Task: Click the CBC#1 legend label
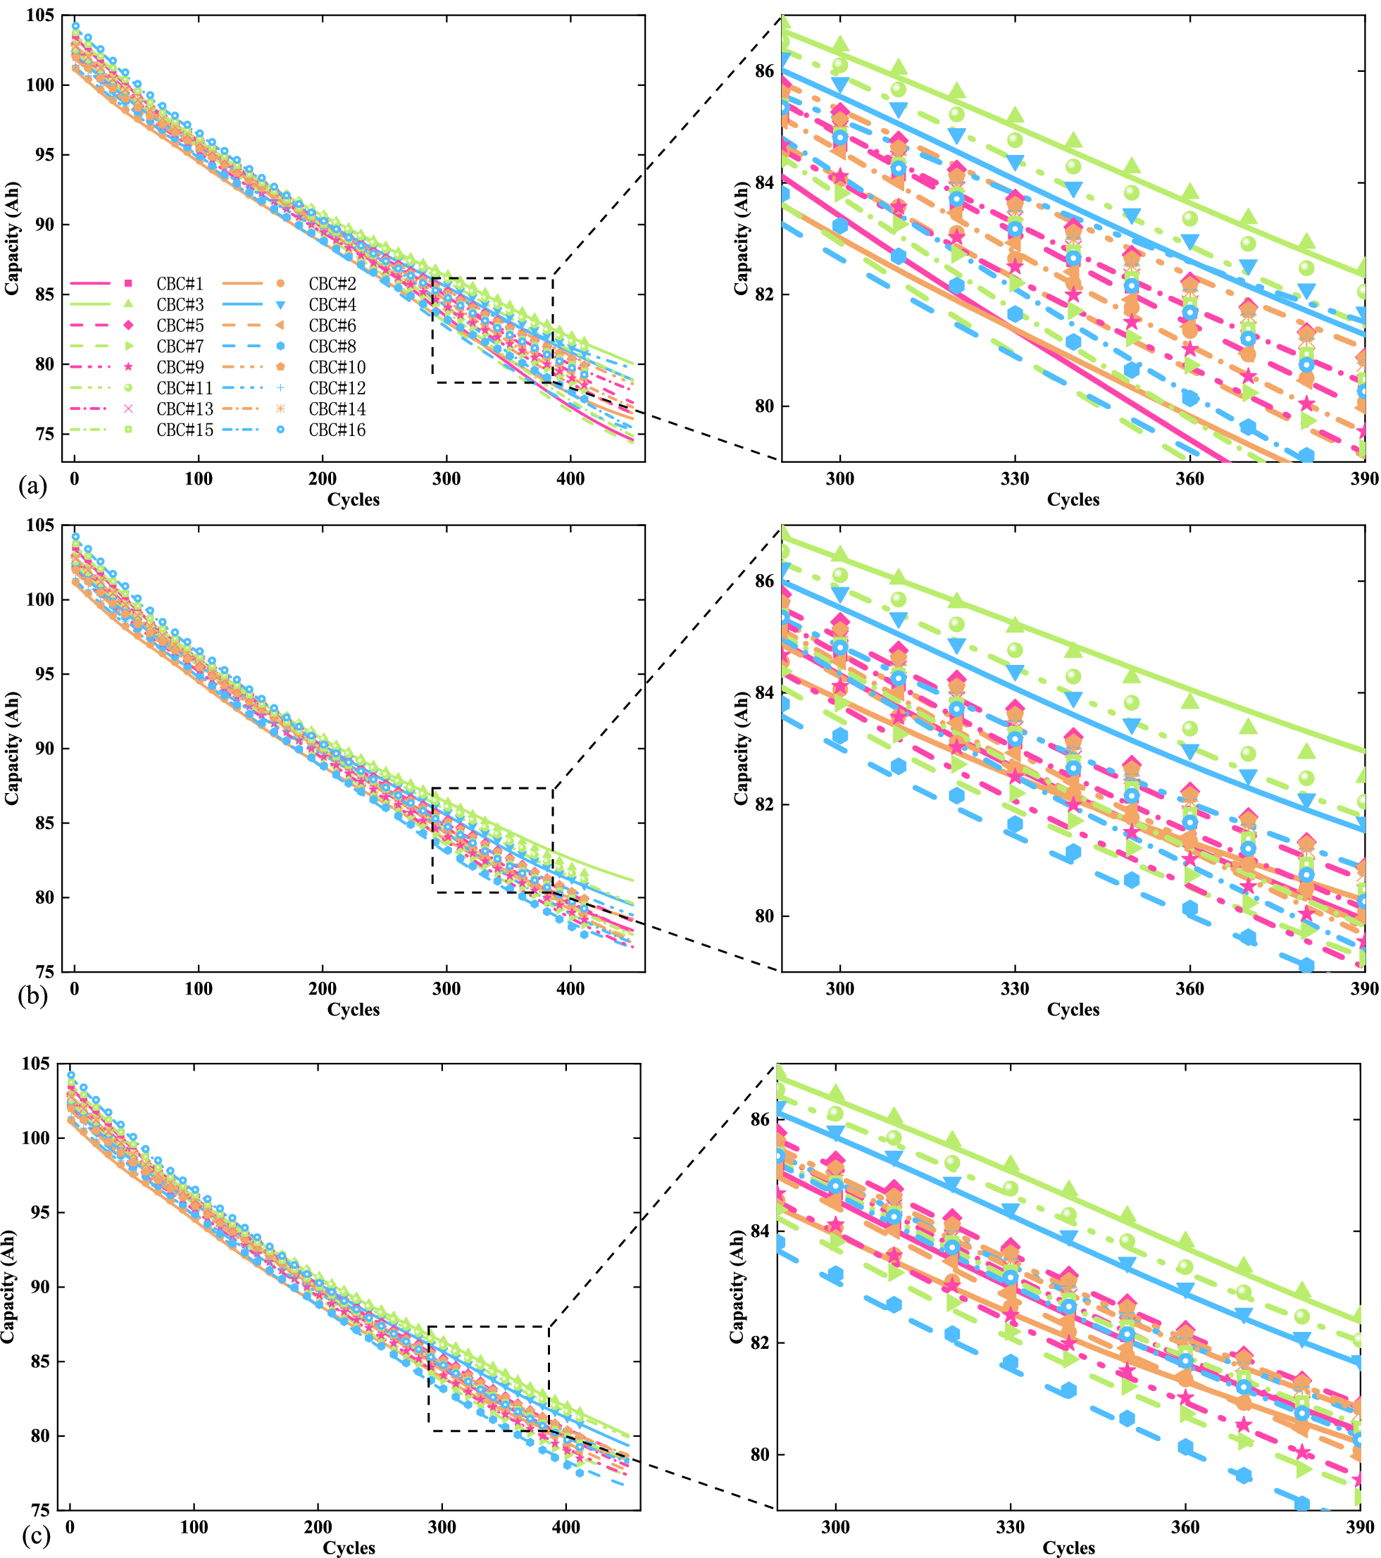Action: pos(180,285)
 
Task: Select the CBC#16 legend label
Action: pos(337,430)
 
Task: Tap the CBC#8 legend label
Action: pos(332,347)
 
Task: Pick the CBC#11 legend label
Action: pos(185,389)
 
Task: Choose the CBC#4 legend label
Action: pos(332,305)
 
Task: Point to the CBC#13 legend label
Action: pos(185,409)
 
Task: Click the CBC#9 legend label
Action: pos(180,368)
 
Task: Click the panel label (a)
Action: pos(33,485)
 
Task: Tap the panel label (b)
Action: pos(33,995)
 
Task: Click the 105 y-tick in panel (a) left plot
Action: pos(39,15)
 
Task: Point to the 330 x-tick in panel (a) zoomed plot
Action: pos(1014,479)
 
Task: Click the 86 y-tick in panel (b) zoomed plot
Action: pos(763,582)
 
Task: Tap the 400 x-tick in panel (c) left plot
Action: pos(565,1528)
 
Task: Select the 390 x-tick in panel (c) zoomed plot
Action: pos(1360,1528)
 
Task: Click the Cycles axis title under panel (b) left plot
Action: pos(353,1009)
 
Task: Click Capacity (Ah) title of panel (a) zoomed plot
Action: pos(741,239)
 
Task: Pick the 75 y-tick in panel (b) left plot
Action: pos(45,972)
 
